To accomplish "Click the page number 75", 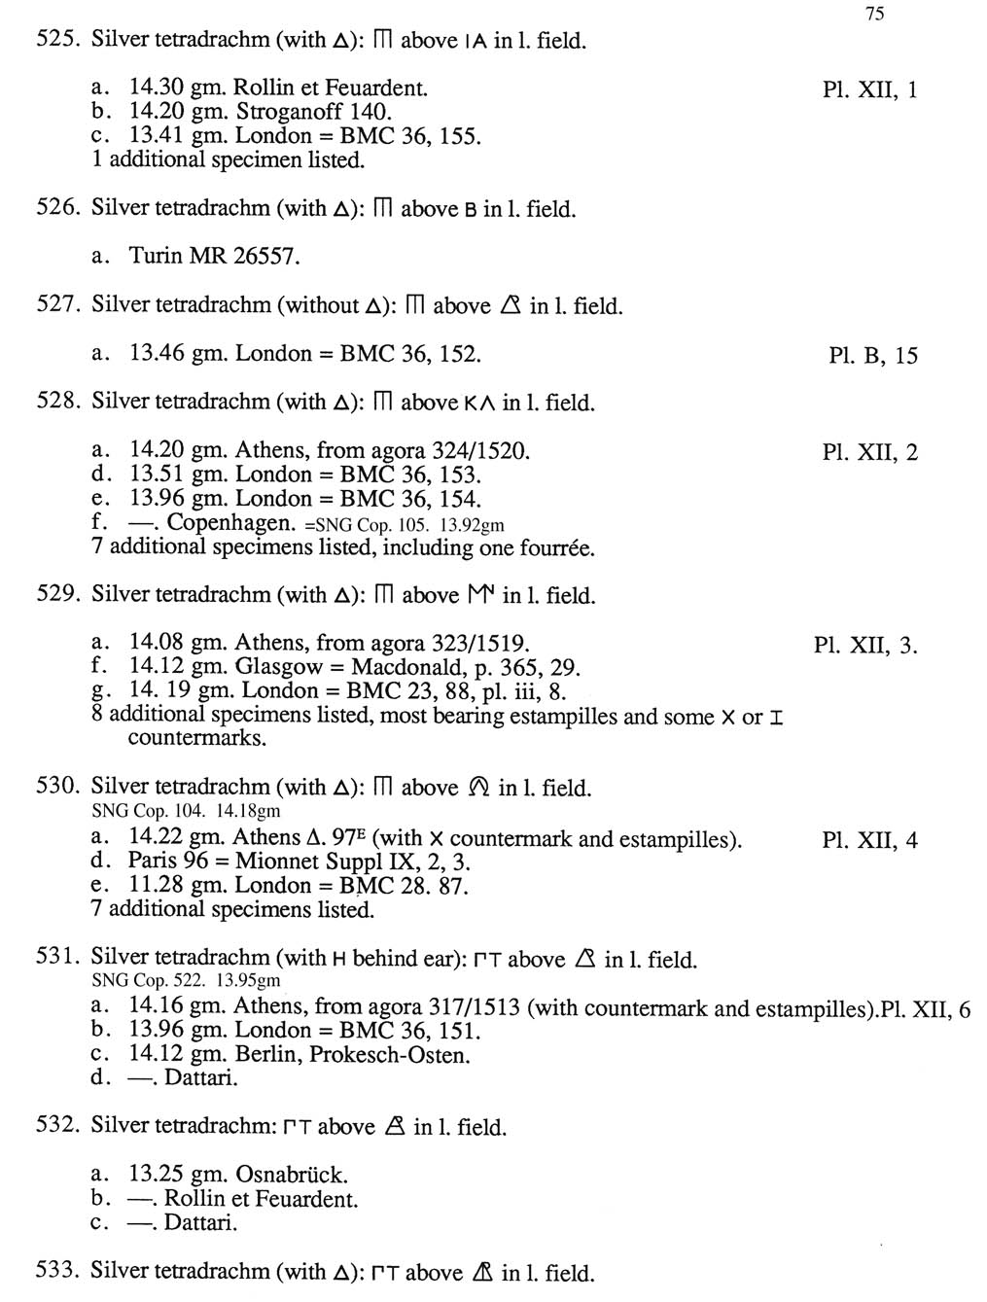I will [x=873, y=14].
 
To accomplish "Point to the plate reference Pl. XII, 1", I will [x=869, y=90].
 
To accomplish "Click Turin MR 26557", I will [x=214, y=257].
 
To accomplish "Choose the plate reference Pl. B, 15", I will [x=872, y=356].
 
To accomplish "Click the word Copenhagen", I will [x=230, y=523].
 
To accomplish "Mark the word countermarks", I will [x=196, y=739].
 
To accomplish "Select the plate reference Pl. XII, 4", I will [x=869, y=841].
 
